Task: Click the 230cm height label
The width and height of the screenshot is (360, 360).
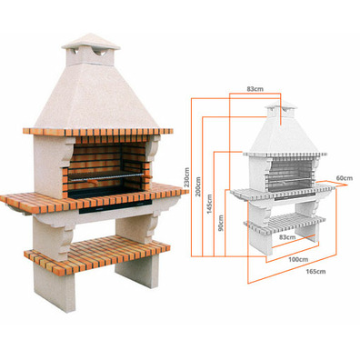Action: tap(187, 177)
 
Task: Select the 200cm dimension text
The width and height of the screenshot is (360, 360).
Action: tap(198, 186)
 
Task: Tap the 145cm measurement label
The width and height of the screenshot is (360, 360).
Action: tap(210, 204)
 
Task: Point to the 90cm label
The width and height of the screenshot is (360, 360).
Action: tap(221, 223)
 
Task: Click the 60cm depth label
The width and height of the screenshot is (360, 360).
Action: tap(344, 178)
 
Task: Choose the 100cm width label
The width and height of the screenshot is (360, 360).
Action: tap(298, 259)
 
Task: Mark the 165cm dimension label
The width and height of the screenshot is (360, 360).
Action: tap(315, 272)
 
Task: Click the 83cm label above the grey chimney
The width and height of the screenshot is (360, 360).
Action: tap(255, 89)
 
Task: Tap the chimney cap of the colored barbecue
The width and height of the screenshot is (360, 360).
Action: tap(91, 42)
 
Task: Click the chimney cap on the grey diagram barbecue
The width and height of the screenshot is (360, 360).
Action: tap(281, 105)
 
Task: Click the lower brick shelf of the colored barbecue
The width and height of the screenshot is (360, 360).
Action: tap(97, 254)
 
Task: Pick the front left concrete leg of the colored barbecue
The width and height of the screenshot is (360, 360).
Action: tap(55, 287)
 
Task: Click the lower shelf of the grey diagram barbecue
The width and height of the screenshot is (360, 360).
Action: tap(285, 225)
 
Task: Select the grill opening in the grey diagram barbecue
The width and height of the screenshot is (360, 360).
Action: tap(289, 176)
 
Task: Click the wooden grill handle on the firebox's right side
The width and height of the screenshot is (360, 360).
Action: tap(147, 175)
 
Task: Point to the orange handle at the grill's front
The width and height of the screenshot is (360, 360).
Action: tap(93, 182)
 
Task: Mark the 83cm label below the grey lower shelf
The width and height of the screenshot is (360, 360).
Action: tap(287, 237)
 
